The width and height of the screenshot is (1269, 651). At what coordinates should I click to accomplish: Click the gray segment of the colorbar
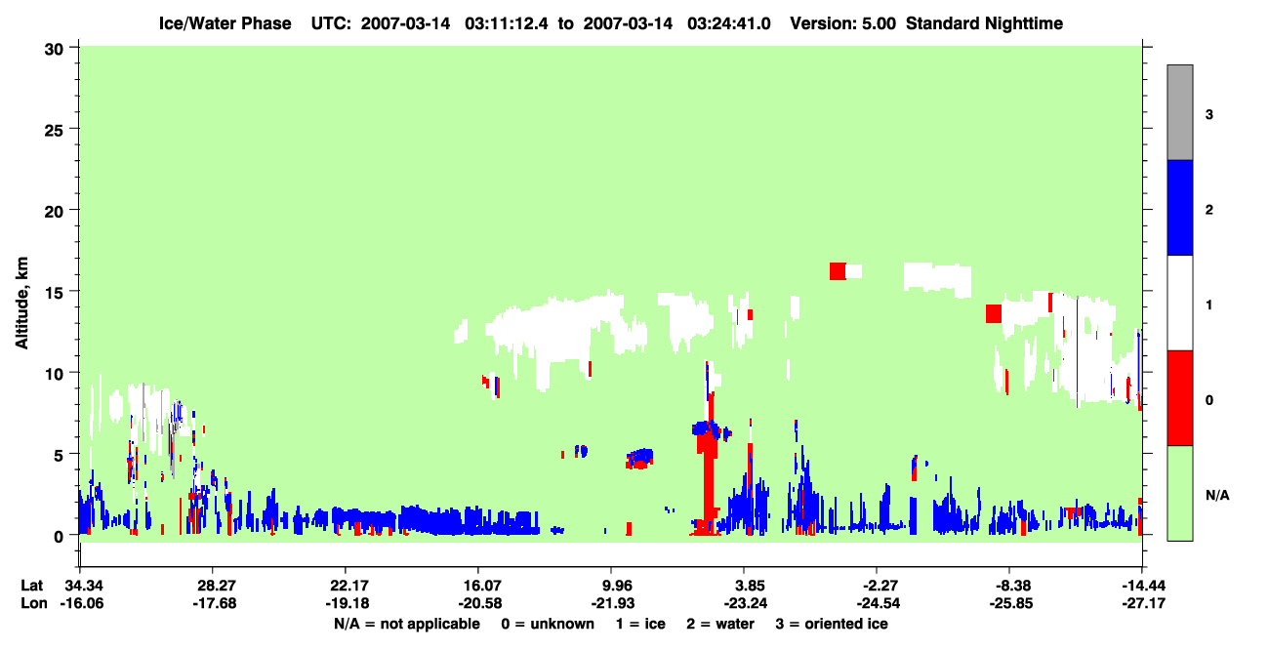pyautogui.click(x=1179, y=112)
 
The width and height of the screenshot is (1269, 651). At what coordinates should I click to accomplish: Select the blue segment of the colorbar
pyautogui.click(x=1179, y=207)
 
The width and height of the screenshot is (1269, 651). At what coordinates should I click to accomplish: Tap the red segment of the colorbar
pyautogui.click(x=1179, y=398)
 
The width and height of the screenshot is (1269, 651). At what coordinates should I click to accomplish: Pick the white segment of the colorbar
pyautogui.click(x=1179, y=304)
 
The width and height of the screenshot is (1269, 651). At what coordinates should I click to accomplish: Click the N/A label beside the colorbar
pyautogui.click(x=1217, y=496)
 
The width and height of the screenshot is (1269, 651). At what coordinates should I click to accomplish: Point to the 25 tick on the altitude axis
pyautogui.click(x=73, y=129)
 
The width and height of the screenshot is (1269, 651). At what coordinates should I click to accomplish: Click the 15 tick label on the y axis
pyautogui.click(x=54, y=292)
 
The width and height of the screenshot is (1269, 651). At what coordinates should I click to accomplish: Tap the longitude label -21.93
pyautogui.click(x=612, y=603)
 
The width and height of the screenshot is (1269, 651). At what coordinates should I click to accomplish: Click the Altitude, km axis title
pyautogui.click(x=21, y=304)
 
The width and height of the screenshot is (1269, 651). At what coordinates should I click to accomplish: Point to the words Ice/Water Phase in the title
pyautogui.click(x=225, y=23)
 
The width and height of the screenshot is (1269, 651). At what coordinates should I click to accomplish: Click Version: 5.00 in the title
pyautogui.click(x=843, y=23)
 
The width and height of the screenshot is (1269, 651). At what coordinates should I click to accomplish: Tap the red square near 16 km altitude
pyautogui.click(x=838, y=271)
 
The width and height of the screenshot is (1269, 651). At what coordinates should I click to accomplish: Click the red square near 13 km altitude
pyautogui.click(x=994, y=314)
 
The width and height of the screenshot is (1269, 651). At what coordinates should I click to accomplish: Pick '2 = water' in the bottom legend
pyautogui.click(x=720, y=625)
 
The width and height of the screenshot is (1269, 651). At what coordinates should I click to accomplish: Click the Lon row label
pyautogui.click(x=34, y=603)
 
